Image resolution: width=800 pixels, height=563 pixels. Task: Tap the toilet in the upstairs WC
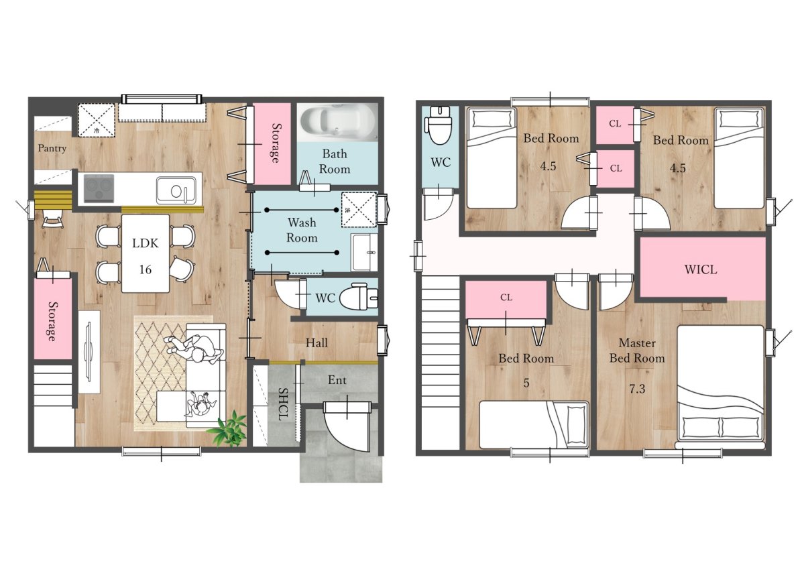439,125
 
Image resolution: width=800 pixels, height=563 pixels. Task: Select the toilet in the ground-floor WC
359,298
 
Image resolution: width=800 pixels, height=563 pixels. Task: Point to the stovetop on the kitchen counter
99,189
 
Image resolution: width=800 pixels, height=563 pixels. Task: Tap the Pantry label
52,148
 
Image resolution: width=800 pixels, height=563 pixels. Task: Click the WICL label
701,269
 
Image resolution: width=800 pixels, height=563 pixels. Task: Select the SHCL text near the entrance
282,404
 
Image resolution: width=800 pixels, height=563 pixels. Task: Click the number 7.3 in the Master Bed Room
637,389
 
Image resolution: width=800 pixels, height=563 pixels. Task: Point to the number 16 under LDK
146,269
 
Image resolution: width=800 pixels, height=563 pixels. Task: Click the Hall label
317,342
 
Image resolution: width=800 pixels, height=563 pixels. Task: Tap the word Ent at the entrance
337,380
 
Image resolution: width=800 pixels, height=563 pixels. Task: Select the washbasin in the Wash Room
363,253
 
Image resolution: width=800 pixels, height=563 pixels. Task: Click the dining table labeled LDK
146,253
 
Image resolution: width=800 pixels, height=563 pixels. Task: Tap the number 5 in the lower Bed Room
526,383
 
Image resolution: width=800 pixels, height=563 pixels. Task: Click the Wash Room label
302,230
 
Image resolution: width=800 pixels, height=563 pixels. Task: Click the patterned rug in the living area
174,373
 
